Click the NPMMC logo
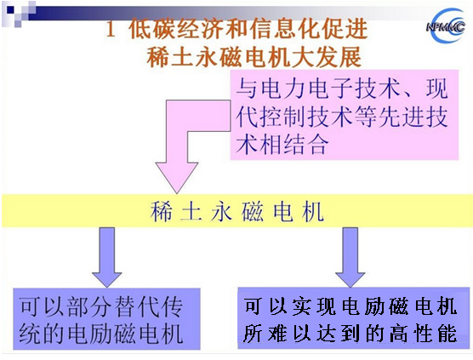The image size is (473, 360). pyautogui.click(x=446, y=26)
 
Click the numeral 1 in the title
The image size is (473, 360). pyautogui.click(x=111, y=30)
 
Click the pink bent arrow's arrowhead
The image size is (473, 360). pyautogui.click(x=177, y=178)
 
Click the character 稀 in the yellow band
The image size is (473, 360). pyautogui.click(x=162, y=212)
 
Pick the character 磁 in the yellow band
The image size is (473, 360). pyautogui.click(x=252, y=212)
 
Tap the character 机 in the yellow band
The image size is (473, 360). pyautogui.click(x=313, y=212)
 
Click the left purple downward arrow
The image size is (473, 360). pyautogui.click(x=107, y=257)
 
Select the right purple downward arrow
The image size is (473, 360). pyautogui.click(x=350, y=257)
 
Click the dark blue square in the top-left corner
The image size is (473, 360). pyautogui.click(x=11, y=10)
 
